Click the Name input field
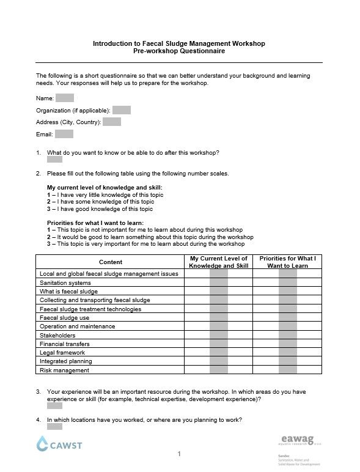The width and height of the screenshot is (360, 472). pos(64,98)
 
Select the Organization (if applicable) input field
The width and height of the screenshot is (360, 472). pos(121,110)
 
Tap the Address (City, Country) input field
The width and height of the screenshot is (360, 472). pos(111,122)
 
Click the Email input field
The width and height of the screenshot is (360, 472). pos(64,134)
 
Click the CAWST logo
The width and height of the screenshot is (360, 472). pos(59,444)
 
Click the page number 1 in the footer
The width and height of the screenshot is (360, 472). pos(179,454)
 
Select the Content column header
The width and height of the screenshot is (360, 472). pos(110,262)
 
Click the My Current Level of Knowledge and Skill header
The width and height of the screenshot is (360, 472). pos(218,262)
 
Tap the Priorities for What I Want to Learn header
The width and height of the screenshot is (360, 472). pos(287,262)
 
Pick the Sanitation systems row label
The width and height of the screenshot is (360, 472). pos(65,283)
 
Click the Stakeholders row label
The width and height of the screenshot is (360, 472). pos(57,335)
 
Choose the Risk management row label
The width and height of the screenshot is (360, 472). pos(64,370)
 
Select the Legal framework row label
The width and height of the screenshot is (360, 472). pos(62,353)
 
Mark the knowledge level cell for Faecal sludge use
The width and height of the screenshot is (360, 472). pos(218,318)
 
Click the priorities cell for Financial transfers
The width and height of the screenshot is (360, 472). pos(287,344)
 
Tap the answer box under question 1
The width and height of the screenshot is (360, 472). pos(54,160)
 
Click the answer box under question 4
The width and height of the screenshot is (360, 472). pos(54,427)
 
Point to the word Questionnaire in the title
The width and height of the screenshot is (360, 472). pos(201,52)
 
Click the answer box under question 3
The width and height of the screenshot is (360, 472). pos(54,405)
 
